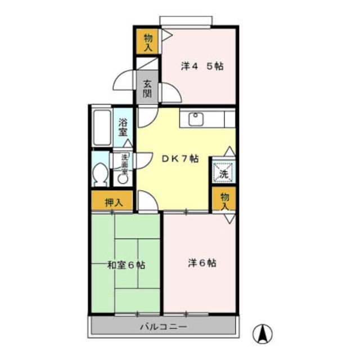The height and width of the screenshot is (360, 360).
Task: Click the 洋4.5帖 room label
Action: (201, 66)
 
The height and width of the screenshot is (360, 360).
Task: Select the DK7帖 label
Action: (180, 159)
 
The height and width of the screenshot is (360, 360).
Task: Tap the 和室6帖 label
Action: (127, 264)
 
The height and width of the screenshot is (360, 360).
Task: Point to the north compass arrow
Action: (262, 334)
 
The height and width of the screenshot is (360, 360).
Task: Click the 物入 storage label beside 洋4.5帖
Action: (147, 42)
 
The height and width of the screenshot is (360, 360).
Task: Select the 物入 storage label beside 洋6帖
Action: (224, 200)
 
